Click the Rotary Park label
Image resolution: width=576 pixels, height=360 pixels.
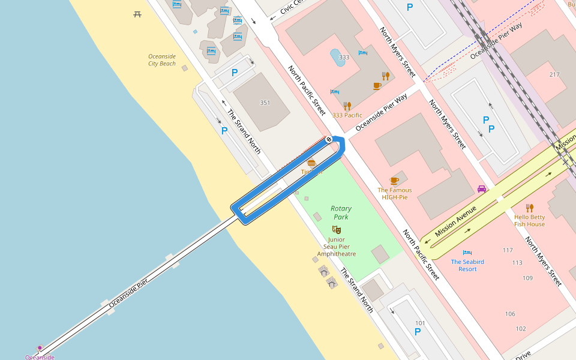tap(340, 212)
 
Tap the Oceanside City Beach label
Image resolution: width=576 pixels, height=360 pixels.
tap(162, 60)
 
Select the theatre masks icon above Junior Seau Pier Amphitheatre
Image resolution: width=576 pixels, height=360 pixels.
tap(337, 229)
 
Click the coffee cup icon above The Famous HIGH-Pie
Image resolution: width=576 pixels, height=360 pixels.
tap(394, 181)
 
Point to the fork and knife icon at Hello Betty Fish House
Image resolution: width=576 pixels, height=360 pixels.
tap(529, 208)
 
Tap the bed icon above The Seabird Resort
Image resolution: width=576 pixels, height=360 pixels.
tap(467, 253)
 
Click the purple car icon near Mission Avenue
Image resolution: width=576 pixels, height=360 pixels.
tap(481, 188)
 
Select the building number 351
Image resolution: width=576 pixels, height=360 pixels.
tap(265, 103)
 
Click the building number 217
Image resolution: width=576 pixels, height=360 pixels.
tap(554, 74)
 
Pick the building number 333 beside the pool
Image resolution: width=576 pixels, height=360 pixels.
tap(344, 58)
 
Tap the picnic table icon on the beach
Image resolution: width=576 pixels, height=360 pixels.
tap(137, 14)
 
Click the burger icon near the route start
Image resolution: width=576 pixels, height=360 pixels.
tap(311, 163)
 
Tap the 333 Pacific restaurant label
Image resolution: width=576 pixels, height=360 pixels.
tap(347, 115)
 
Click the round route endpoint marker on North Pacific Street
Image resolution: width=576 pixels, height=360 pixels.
tap(329, 139)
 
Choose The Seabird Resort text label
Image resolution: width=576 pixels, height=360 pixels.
tap(467, 265)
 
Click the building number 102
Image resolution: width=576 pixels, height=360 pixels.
tap(520, 328)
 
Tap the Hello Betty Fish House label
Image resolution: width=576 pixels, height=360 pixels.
tap(529, 220)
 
